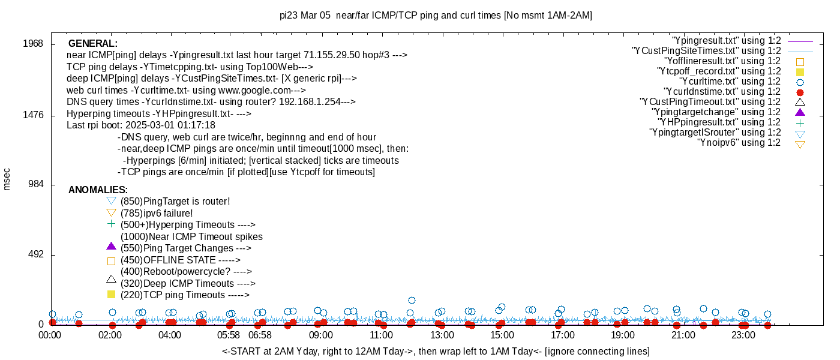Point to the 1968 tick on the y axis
point(33,44)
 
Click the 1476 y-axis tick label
point(33,115)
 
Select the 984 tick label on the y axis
point(35,185)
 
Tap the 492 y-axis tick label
point(35,255)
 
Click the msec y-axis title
point(7,179)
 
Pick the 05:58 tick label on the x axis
point(229,335)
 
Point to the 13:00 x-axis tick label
point(442,335)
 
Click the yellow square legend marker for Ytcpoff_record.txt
point(799,71)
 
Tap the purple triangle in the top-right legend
point(799,112)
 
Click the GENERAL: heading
point(93,44)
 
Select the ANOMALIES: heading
point(97,190)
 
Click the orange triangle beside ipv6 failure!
point(110,212)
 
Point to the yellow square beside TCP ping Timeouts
point(110,295)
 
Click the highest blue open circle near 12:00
point(412,300)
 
